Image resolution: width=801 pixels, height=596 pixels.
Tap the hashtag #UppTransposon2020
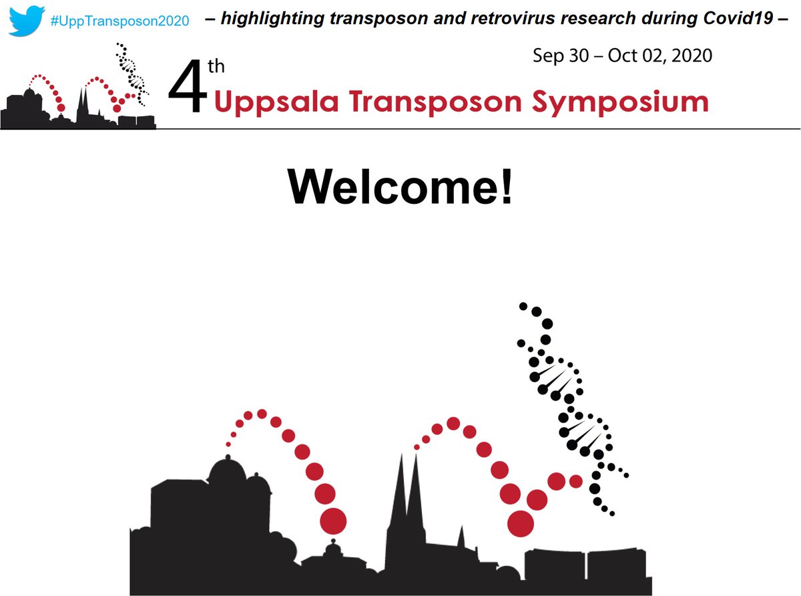119,20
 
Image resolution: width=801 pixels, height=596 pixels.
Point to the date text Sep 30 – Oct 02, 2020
622,55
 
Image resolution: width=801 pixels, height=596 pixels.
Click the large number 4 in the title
189,91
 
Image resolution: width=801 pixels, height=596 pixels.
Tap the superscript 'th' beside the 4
224,67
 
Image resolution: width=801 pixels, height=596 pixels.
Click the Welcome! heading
400,188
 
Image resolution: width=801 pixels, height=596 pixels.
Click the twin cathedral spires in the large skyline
408,494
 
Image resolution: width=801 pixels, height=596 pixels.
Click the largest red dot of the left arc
334,520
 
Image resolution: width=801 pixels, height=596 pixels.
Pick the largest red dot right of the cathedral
521,523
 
